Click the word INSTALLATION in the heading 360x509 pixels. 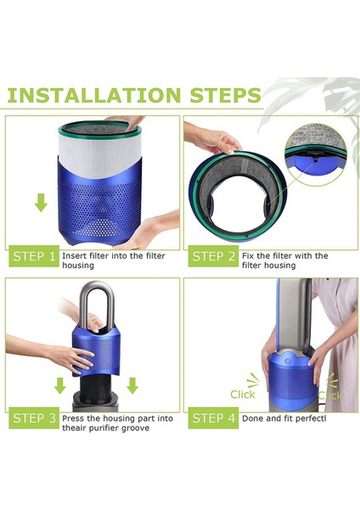coord(93,95)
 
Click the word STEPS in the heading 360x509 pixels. coord(226,95)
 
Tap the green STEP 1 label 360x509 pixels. coord(34,256)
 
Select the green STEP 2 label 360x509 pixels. coord(213,256)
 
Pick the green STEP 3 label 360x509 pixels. coord(34,417)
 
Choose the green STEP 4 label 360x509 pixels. coord(213,417)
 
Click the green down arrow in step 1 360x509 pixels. coord(41,202)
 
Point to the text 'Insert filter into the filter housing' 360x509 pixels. coord(114,260)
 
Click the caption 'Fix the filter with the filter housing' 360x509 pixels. coord(284,260)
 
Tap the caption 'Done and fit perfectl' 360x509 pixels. coord(284,418)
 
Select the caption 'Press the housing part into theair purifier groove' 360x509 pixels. coord(117,423)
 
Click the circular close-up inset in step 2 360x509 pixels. coord(316,154)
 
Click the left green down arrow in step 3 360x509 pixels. coord(59,385)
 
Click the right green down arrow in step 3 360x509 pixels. coord(132,385)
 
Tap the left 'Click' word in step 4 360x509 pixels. coord(243,394)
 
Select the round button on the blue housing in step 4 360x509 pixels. coord(287,361)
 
